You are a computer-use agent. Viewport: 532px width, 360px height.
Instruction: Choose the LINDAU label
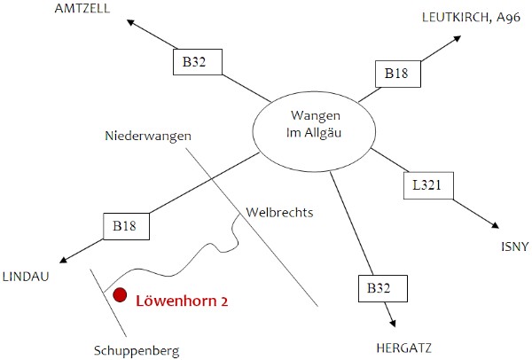[x=26, y=276]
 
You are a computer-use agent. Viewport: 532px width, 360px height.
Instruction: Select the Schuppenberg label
[x=136, y=350]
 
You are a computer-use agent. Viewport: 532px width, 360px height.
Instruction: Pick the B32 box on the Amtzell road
[x=194, y=62]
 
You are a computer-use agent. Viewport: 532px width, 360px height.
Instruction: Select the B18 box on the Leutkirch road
[x=395, y=74]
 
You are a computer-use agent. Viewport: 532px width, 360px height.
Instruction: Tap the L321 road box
[x=427, y=186]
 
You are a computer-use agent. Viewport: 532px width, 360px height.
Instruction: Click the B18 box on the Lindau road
[x=125, y=225]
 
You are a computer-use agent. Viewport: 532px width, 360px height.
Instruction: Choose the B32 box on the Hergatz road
[x=382, y=288]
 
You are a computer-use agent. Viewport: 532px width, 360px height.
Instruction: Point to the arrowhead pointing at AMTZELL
[x=131, y=22]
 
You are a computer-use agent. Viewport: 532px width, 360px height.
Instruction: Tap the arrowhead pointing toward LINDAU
[x=63, y=261]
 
